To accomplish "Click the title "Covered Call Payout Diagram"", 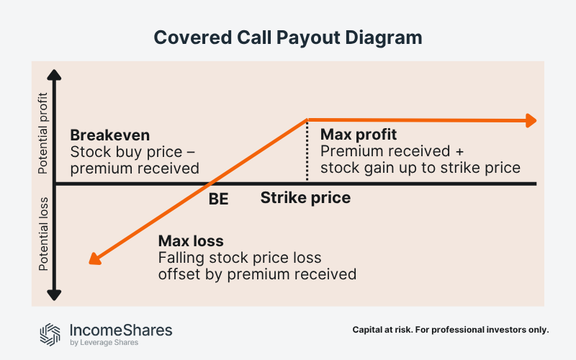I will point(287,37).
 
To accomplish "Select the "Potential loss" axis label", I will point(43,234).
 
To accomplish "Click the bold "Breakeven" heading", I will point(109,136).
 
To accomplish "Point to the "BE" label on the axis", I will point(218,199).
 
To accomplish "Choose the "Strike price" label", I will point(305,197).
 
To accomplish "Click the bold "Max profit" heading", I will point(359,135).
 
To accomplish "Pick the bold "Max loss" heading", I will point(191,240).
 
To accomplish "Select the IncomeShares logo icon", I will point(50,333).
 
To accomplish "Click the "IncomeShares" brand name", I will point(120,330).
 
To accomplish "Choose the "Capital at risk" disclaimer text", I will point(451,330).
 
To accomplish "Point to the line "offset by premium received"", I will point(256,274).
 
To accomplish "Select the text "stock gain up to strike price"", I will point(420,168).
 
